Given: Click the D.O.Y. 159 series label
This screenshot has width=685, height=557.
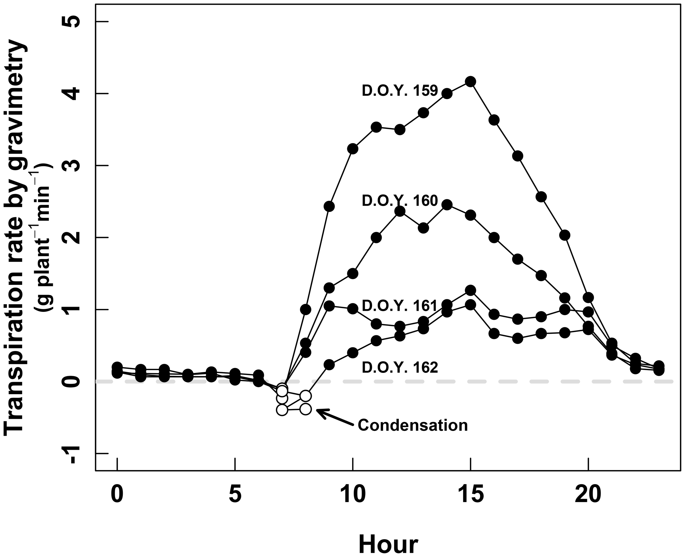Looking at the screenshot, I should [x=400, y=91].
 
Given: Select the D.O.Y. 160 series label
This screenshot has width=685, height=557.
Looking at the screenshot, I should [x=400, y=201].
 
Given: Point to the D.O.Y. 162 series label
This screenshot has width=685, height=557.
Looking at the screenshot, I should [x=400, y=368].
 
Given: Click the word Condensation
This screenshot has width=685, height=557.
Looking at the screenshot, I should [x=413, y=425].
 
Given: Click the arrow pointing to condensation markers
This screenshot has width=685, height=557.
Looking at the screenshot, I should [x=335, y=417].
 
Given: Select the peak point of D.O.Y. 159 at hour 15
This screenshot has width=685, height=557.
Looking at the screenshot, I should [x=470, y=82].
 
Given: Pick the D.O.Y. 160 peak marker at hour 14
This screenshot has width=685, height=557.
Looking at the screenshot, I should [x=447, y=204].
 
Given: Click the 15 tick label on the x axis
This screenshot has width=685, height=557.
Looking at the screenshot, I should [x=470, y=495].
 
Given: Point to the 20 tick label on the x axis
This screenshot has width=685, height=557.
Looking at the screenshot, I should [x=588, y=495].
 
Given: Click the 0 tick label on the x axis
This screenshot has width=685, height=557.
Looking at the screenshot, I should [x=117, y=495].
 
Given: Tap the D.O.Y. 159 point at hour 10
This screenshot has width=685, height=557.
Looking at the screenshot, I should [x=353, y=149].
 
